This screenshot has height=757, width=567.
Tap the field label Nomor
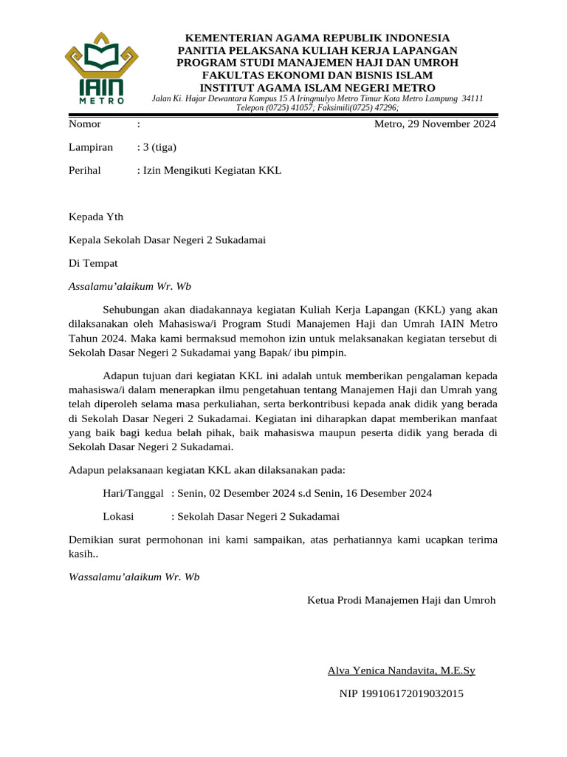[x=84, y=124]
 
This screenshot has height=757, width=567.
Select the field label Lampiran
[x=90, y=147]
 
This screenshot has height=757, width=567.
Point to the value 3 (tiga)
[x=159, y=147]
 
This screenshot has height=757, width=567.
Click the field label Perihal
[x=85, y=170]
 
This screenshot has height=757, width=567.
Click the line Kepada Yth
[x=96, y=217]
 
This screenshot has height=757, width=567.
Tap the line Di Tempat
[x=92, y=262]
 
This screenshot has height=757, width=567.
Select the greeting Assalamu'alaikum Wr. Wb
[x=129, y=285]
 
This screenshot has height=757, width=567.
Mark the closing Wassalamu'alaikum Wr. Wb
[x=134, y=576]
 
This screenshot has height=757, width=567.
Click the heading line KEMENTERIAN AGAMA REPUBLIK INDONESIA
[x=317, y=38]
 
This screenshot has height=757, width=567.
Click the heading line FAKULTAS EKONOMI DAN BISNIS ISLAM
[x=317, y=75]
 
